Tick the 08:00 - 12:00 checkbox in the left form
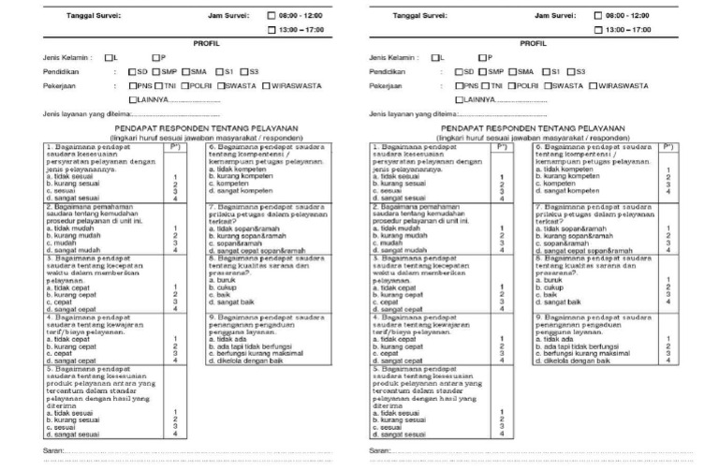click(272, 16)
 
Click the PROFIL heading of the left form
click(205, 43)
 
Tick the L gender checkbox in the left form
click(109, 57)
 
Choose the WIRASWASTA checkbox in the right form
click(594, 85)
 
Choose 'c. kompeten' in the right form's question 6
click(558, 184)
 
